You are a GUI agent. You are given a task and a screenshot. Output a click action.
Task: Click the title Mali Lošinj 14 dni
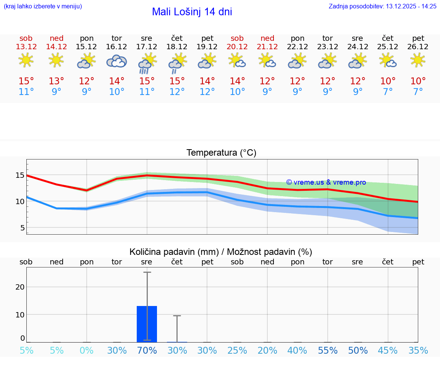pyautogui.click(x=192, y=12)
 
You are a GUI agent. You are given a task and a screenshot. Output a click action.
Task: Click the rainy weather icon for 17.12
pyautogui.click(x=146, y=63)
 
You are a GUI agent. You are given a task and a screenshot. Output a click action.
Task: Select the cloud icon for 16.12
pyautogui.click(x=116, y=61)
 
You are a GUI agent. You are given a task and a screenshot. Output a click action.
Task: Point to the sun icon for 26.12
pyautogui.click(x=418, y=60)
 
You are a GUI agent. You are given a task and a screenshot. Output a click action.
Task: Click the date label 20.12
pyautogui.click(x=237, y=47)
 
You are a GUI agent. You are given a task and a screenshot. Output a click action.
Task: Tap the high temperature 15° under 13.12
pyautogui.click(x=26, y=81)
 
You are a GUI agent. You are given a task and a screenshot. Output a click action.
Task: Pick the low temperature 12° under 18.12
pyautogui.click(x=177, y=92)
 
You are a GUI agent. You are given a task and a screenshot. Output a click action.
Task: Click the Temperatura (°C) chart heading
pyautogui.click(x=221, y=153)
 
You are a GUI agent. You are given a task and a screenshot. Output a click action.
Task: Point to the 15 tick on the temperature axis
pyautogui.click(x=20, y=176)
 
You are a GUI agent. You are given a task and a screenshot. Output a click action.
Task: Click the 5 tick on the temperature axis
pyautogui.click(x=22, y=228)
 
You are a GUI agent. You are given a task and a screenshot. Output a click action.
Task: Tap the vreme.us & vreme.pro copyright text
pyautogui.click(x=326, y=182)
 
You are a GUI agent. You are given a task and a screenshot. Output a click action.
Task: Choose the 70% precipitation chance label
pyautogui.click(x=147, y=351)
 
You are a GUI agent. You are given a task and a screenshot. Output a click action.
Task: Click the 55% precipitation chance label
pyautogui.click(x=328, y=351)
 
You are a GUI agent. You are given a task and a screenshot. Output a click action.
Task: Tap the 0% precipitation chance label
pyautogui.click(x=87, y=351)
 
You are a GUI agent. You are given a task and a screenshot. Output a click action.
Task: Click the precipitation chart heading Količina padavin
pyautogui.click(x=221, y=252)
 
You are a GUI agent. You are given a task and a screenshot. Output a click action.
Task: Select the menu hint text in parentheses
pyautogui.click(x=43, y=6)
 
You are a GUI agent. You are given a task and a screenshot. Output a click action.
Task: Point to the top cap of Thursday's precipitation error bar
pyautogui.click(x=177, y=316)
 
